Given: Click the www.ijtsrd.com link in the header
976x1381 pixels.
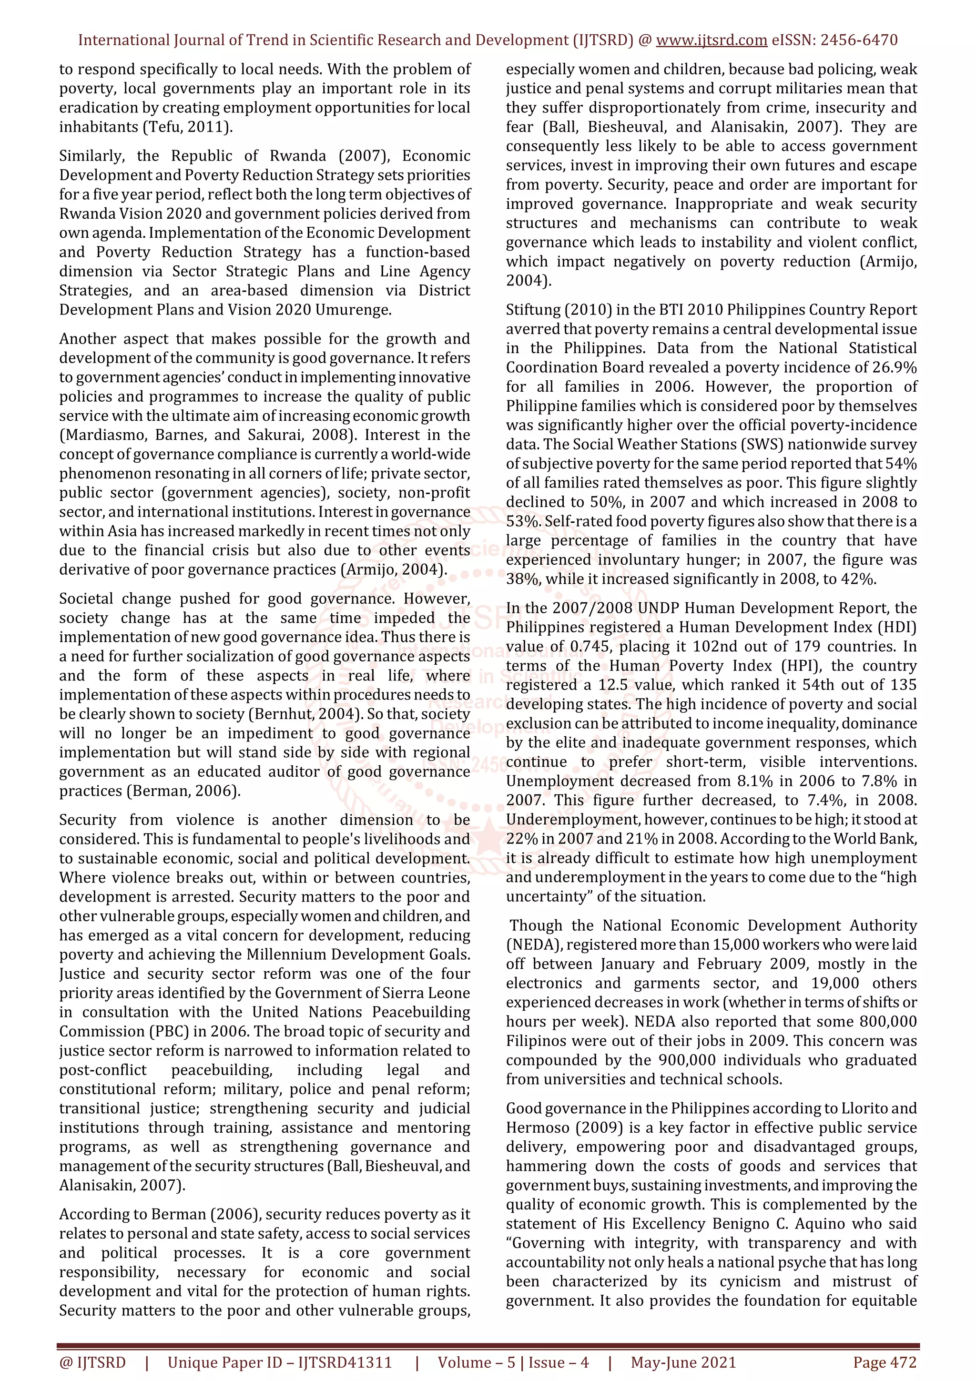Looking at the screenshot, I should [711, 41].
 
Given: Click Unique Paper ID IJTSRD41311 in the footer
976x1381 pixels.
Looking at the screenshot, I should [279, 1362].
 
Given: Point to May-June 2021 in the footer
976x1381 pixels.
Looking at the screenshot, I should [683, 1362].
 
